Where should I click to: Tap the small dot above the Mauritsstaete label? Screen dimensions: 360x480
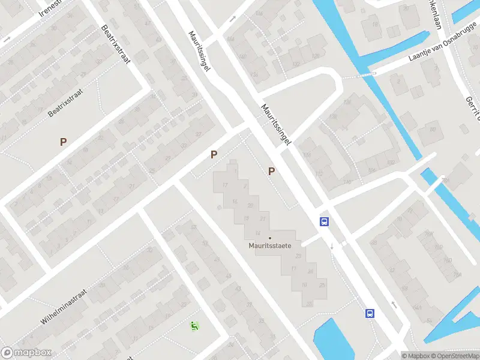click(x=269, y=238)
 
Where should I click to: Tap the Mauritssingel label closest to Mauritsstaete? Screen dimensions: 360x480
click(x=276, y=125)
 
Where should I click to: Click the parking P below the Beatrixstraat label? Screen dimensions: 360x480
click(x=63, y=142)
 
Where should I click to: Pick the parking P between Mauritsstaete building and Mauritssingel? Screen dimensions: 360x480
click(x=272, y=172)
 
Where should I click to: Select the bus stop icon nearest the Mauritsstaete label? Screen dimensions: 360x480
click(x=324, y=221)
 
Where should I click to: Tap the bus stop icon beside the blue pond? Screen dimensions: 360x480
click(x=370, y=313)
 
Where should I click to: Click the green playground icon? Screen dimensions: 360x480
click(x=194, y=326)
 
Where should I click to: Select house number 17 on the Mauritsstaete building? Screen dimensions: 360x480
click(x=225, y=185)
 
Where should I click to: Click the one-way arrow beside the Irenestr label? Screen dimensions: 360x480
click(x=7, y=38)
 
